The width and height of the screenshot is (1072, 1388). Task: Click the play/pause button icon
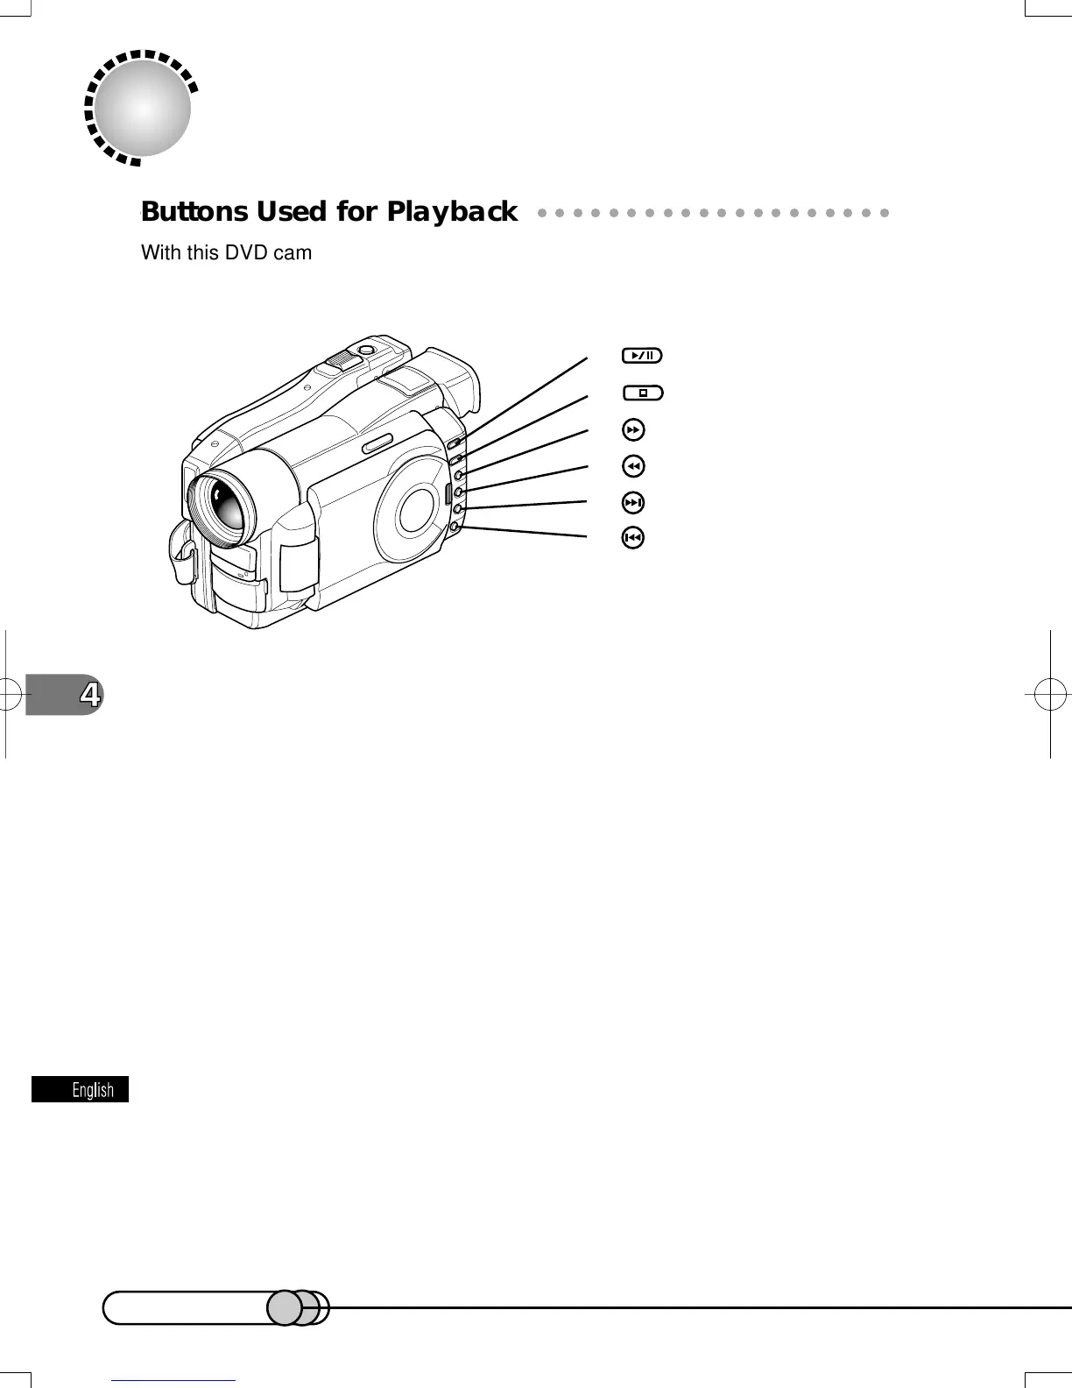pos(642,356)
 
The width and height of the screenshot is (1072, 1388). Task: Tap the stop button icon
pos(643,393)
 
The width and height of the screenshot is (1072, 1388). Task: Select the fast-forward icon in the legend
pos(632,429)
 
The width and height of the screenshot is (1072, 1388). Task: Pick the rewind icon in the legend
pos(632,465)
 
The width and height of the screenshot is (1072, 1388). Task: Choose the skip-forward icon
pos(632,502)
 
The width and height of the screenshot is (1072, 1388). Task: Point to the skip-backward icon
pos(632,537)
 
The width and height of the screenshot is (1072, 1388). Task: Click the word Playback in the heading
pos(452,212)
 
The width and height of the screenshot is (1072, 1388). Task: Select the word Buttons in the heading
pos(194,212)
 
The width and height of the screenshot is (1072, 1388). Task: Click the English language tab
pos(81,1089)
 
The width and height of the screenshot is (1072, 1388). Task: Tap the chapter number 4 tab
pos(88,695)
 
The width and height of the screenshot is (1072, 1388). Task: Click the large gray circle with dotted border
pos(142,108)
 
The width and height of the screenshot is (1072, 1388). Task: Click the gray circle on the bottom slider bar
pos(284,1307)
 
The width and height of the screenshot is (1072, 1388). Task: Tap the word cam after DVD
pos(293,253)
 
